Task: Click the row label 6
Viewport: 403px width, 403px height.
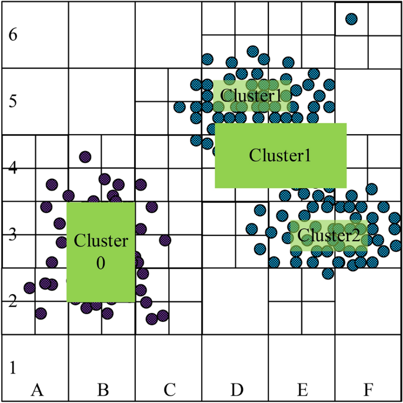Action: coord(13,35)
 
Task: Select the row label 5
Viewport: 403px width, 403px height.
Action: coord(13,101)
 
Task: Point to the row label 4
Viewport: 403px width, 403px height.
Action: coord(13,168)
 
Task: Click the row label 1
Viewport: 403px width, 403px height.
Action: coord(13,368)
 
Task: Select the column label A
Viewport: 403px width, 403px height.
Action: coord(36,389)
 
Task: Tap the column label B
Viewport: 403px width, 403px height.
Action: coord(102,389)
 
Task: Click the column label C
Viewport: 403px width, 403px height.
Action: coord(169,389)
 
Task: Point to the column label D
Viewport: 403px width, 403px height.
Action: coord(236,389)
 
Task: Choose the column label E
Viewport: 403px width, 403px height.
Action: coord(302,389)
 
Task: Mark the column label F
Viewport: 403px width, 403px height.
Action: coord(368,389)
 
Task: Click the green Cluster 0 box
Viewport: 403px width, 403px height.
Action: coord(101,252)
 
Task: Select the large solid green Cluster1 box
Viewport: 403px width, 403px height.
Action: coord(280,155)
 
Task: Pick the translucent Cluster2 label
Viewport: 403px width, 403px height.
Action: coord(328,236)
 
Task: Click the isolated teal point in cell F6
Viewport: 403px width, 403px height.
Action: coord(351,19)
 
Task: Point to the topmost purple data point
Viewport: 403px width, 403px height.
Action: coord(85,156)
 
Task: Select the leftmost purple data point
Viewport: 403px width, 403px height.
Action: coord(29,288)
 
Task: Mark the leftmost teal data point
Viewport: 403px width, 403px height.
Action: coord(179,107)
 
